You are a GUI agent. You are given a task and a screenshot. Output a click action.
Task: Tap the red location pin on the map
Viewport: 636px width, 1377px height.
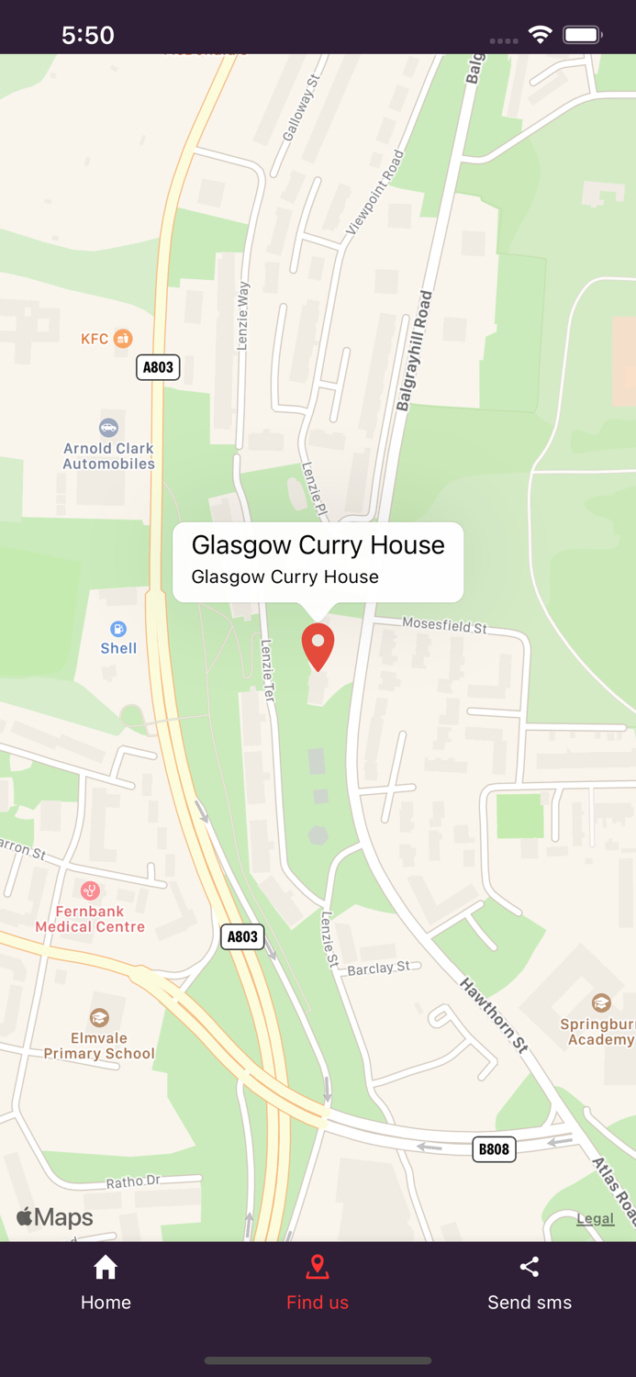tap(318, 645)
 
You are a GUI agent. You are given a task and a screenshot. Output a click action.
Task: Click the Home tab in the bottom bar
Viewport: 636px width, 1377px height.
tap(106, 1283)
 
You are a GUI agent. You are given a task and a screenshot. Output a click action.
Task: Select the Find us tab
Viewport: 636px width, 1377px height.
tap(318, 1283)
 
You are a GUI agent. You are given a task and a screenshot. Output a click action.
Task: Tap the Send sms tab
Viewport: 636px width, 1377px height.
tap(530, 1283)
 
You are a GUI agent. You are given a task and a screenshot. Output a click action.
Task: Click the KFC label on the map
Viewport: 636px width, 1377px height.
tap(95, 339)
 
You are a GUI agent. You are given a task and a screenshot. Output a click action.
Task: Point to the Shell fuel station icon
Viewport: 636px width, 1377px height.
tap(118, 629)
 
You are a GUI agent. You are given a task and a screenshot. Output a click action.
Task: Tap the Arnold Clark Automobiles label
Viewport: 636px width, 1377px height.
tap(108, 455)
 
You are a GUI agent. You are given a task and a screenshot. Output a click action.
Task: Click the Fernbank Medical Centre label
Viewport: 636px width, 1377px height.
tap(90, 919)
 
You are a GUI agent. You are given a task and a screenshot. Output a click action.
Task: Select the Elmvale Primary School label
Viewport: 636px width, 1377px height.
tap(99, 1046)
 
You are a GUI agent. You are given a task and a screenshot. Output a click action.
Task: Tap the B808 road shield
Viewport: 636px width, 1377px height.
tap(494, 1148)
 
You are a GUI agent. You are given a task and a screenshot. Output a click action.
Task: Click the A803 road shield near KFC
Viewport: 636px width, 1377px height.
tap(158, 367)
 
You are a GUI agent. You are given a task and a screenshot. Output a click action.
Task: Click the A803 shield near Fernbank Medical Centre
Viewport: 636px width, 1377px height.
tap(242, 936)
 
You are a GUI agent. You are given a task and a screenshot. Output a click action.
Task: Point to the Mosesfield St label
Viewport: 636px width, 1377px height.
tap(445, 625)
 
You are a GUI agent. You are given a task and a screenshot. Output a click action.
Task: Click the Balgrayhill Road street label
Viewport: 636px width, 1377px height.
tap(414, 351)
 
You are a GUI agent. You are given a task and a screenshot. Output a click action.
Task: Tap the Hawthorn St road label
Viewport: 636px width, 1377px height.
tap(495, 1014)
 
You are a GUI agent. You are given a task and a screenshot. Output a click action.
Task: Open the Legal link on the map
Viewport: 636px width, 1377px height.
tap(595, 1218)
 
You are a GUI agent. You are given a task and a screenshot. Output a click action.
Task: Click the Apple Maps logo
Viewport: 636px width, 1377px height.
tap(55, 1217)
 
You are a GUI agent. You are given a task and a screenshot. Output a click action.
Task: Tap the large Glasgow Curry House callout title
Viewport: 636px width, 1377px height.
tap(318, 544)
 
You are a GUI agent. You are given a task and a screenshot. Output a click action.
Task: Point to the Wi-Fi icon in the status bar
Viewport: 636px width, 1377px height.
tap(540, 35)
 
